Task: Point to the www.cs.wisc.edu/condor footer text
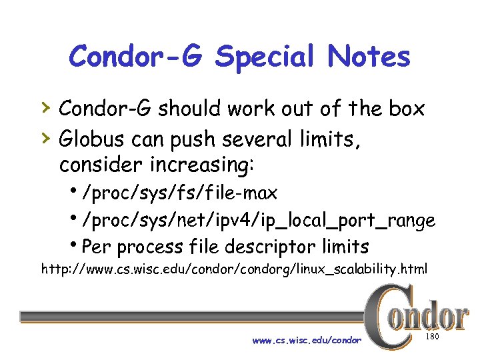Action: click(x=307, y=341)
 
